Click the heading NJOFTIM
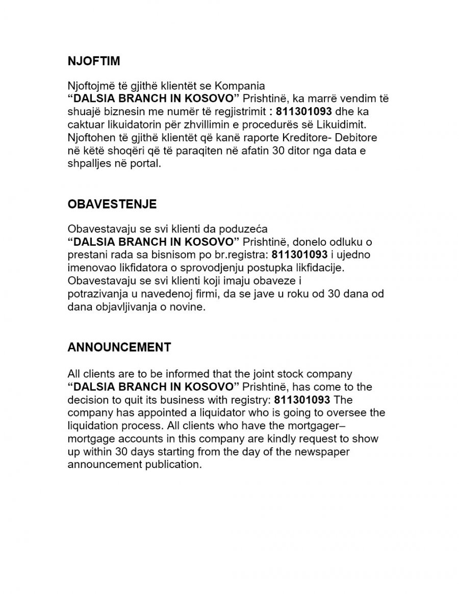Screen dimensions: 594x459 pyautogui.click(x=94, y=61)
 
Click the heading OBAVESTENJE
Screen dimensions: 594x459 pyautogui.click(x=112, y=204)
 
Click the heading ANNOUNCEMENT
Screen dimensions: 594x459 pyautogui.click(x=119, y=347)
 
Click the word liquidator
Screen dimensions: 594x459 pyautogui.click(x=215, y=412)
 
